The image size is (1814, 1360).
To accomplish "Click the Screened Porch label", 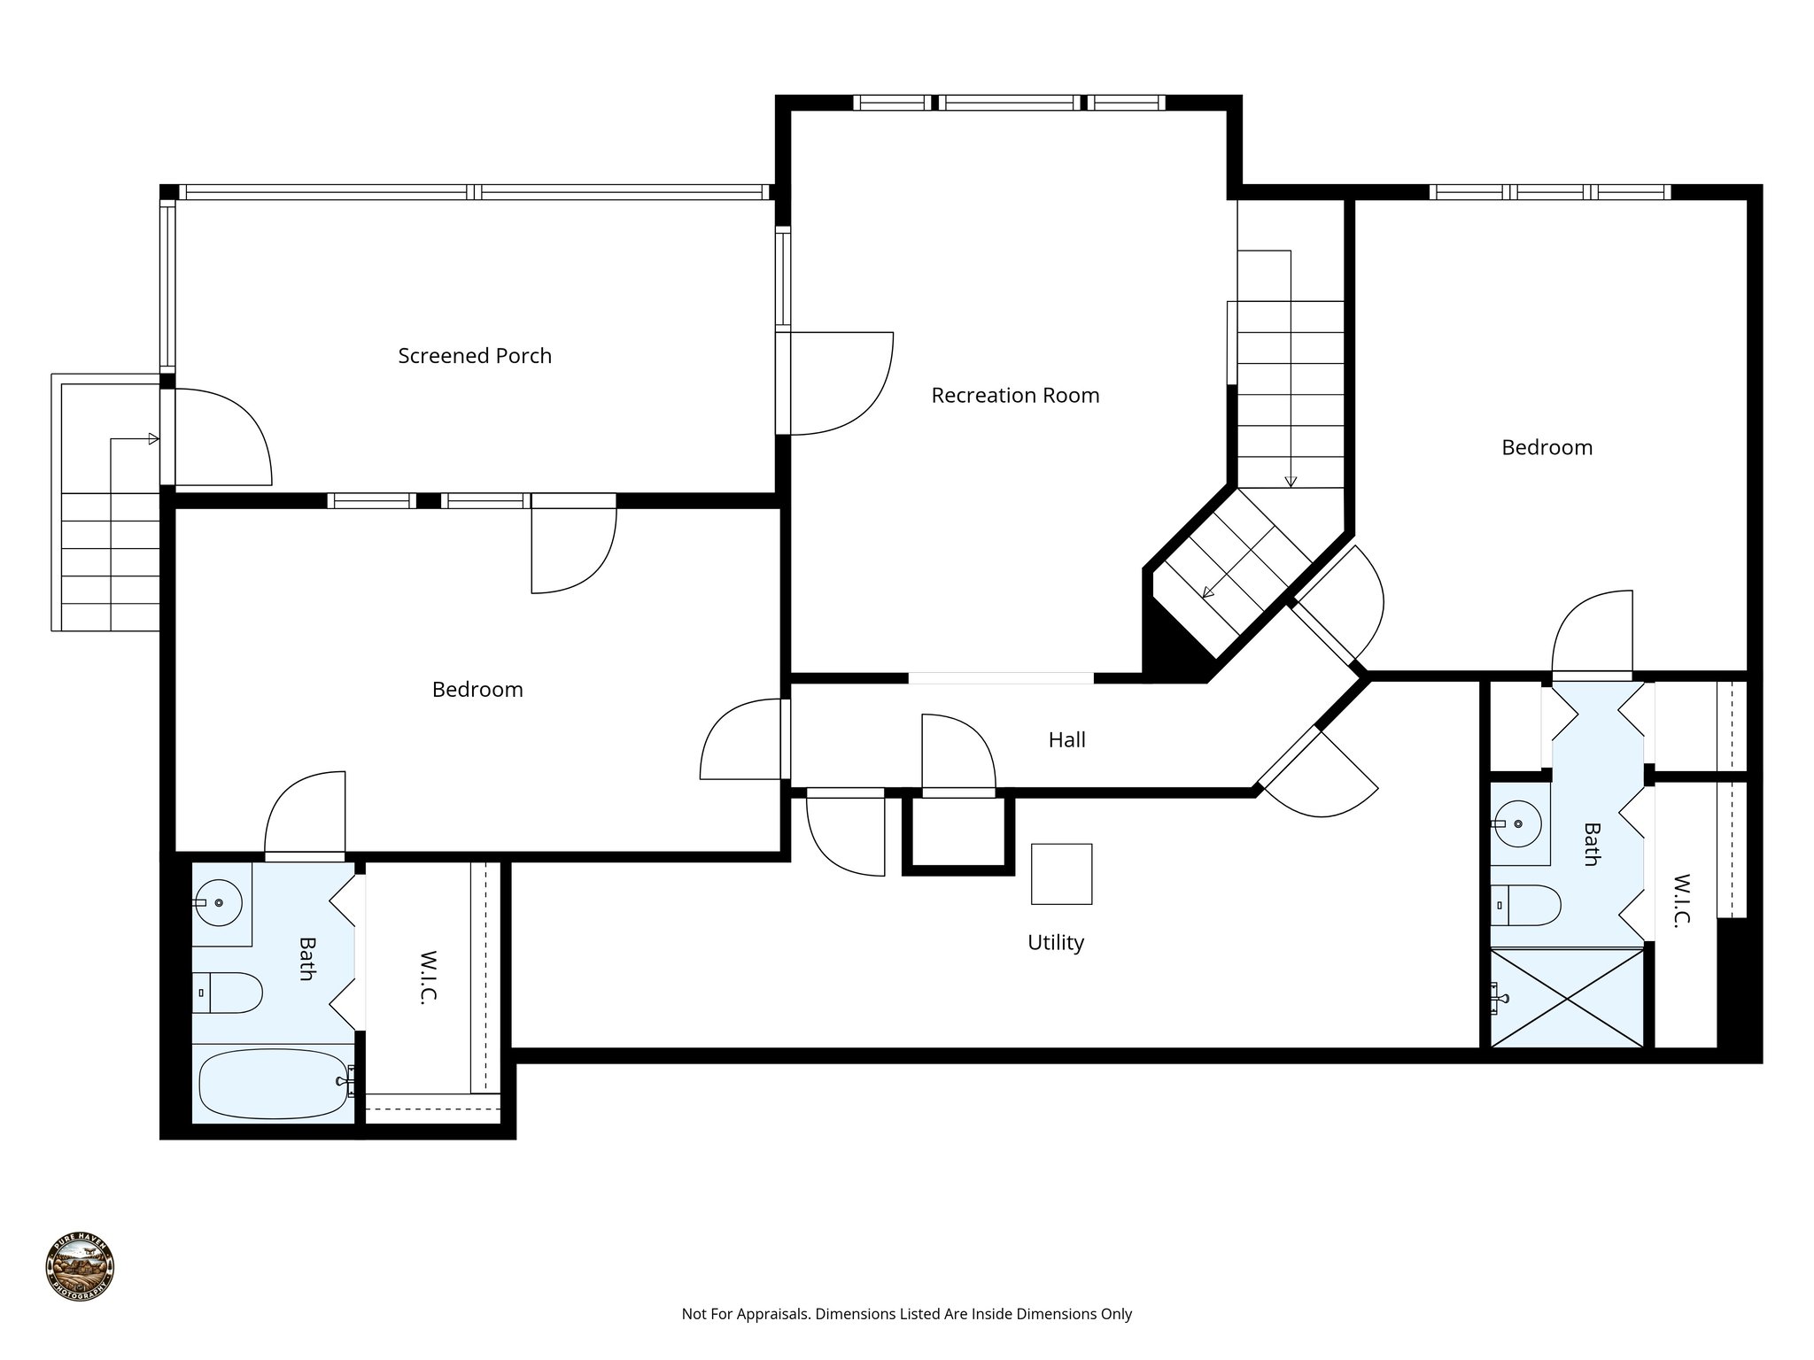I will pos(475,356).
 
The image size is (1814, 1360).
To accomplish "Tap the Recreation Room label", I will pos(1015,396).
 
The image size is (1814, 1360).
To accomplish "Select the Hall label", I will pos(1066,740).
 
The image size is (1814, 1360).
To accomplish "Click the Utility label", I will pos(1055,943).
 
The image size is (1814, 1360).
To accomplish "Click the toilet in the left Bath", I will pos(228,993).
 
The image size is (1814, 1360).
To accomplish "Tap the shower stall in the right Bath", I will pos(1567,999).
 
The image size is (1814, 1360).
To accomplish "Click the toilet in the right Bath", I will pos(1525,905).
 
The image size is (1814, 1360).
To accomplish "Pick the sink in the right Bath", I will pos(1518,823).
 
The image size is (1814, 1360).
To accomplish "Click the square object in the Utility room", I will pos(1061,874).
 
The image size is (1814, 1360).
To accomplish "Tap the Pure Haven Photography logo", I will pos(80,1266).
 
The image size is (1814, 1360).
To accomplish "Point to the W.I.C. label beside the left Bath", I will pos(429,977).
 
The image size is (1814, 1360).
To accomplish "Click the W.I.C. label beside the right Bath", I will pos(1681,900).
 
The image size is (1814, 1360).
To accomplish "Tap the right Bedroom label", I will pos(1547,448).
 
